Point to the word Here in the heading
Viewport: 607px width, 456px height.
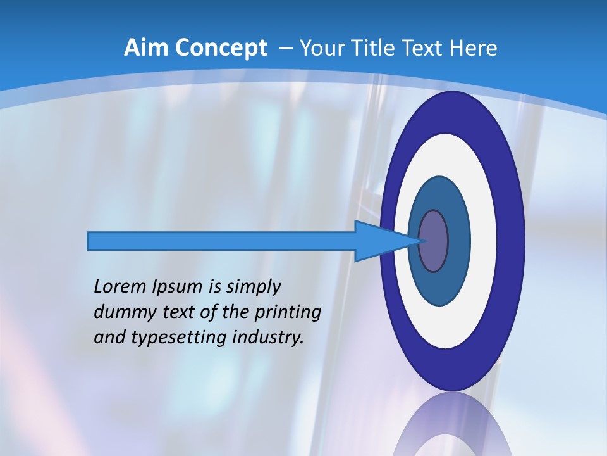(474, 48)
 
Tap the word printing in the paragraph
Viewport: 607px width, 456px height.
(288, 313)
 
